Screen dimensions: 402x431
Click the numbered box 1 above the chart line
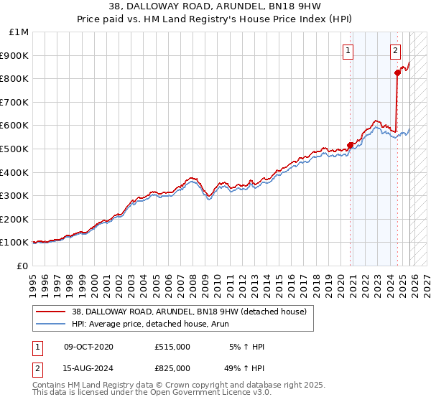pos(348,50)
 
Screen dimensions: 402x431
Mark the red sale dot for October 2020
pos(351,145)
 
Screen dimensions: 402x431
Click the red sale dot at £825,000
pos(397,73)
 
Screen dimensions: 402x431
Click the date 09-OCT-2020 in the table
pos(88,347)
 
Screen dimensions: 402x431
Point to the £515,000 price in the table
pos(172,347)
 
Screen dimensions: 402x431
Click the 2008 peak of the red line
pos(192,177)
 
